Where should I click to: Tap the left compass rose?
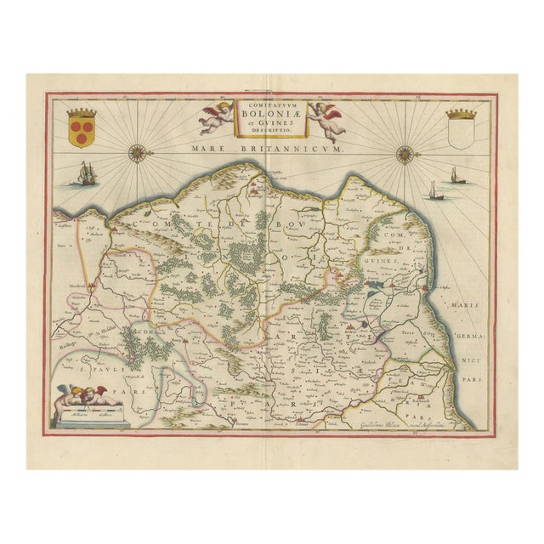click(136, 154)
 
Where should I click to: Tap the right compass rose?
click(405, 154)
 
